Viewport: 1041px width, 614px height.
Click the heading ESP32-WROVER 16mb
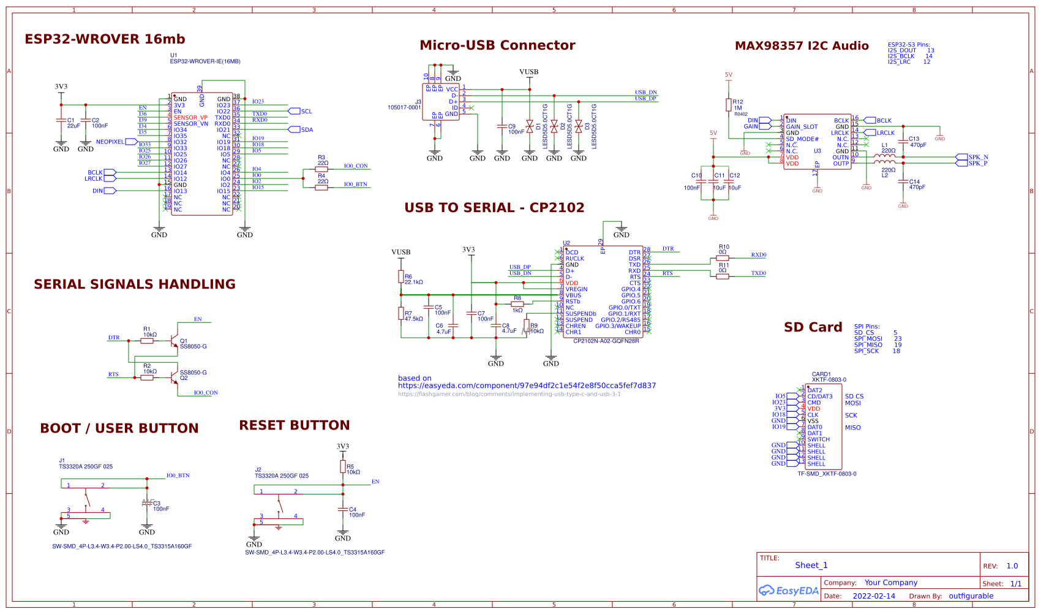coord(105,39)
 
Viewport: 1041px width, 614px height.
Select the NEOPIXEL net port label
coord(110,142)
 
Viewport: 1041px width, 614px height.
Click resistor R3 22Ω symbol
coord(321,170)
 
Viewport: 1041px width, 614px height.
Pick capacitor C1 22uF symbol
coord(61,120)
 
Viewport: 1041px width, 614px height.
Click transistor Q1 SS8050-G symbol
coord(175,341)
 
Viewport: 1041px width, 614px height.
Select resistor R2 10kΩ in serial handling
coord(147,377)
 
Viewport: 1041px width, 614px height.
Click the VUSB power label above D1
coord(528,72)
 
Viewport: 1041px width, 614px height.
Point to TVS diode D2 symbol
coord(554,126)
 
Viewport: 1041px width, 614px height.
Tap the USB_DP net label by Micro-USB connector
coord(645,99)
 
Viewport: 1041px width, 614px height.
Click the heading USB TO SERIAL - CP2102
coord(494,208)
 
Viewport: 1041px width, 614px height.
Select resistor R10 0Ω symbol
coord(723,258)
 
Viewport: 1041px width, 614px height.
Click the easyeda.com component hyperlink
coord(527,386)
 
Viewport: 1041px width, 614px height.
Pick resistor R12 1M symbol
coord(729,104)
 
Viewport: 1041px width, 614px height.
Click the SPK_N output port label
coord(978,157)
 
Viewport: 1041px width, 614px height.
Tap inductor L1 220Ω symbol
coord(884,156)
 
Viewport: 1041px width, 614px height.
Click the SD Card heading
coord(813,327)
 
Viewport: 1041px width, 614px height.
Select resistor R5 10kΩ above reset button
coord(343,467)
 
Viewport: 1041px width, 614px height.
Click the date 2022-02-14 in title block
coord(873,596)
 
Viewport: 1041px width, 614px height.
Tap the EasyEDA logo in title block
coord(789,591)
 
